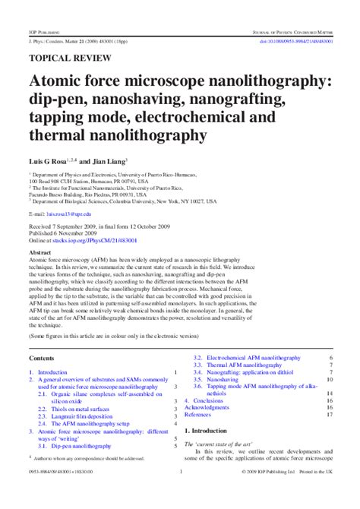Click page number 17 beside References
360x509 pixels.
tap(330, 415)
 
